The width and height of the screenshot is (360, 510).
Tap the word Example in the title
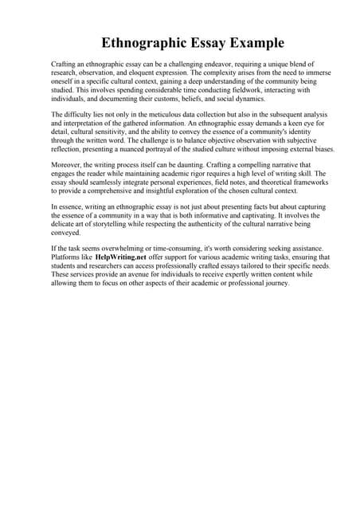click(x=254, y=42)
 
